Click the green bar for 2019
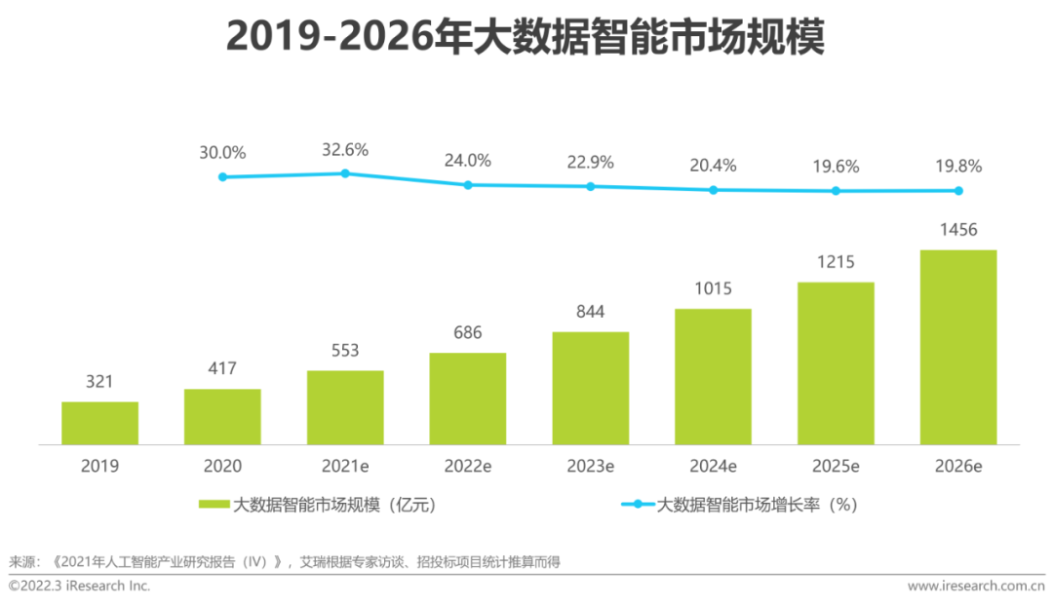[x=99, y=423]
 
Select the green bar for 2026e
[x=958, y=347]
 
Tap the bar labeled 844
[x=591, y=388]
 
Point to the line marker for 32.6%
[x=345, y=173]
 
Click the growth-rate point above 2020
[x=222, y=176]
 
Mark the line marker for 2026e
[x=958, y=191]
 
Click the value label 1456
[x=958, y=230]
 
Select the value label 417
[x=222, y=368]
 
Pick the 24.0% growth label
[x=468, y=161]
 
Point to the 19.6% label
[x=836, y=167]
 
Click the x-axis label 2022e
[x=468, y=467]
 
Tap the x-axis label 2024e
[x=714, y=467]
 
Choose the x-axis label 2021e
[x=345, y=467]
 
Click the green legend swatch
[x=214, y=505]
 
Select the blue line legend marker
[x=638, y=505]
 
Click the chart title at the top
[x=526, y=37]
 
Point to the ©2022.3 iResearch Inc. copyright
[x=80, y=586]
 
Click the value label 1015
[x=714, y=288]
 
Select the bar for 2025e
[x=836, y=363]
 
